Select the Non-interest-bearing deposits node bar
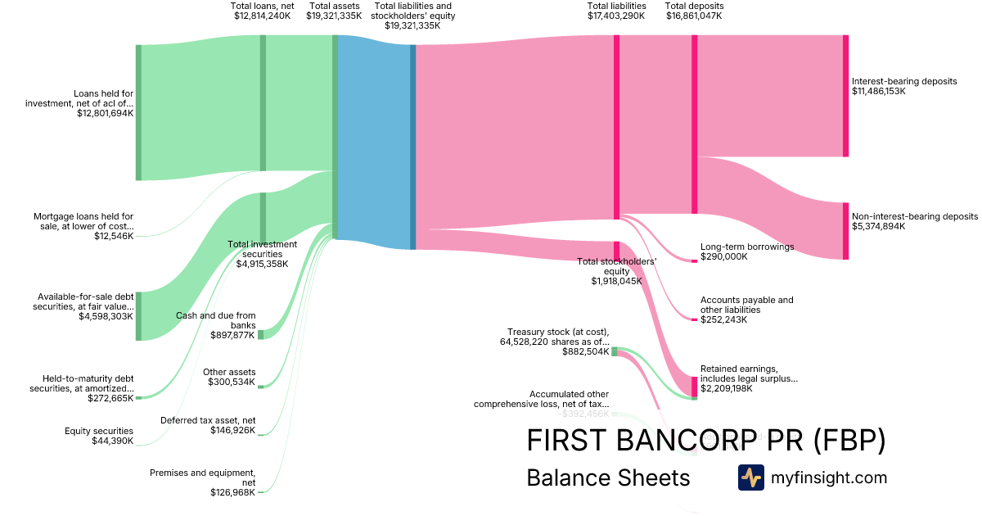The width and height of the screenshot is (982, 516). [845, 231]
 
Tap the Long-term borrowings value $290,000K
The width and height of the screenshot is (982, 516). [724, 256]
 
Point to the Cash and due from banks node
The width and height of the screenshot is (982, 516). [261, 334]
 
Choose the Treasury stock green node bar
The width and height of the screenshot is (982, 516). [615, 351]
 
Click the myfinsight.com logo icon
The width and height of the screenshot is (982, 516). [750, 478]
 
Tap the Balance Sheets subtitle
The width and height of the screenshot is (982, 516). [608, 478]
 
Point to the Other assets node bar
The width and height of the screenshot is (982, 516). [261, 383]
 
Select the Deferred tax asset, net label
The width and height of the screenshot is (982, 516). [208, 420]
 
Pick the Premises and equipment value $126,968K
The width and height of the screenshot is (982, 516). [234, 492]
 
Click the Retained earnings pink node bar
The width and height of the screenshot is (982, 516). [695, 386]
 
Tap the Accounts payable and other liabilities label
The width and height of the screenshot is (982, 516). [746, 305]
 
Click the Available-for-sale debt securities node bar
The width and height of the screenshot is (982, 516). [138, 315]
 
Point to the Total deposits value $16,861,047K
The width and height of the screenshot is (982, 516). [694, 16]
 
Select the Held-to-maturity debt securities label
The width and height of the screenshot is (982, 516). [88, 383]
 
